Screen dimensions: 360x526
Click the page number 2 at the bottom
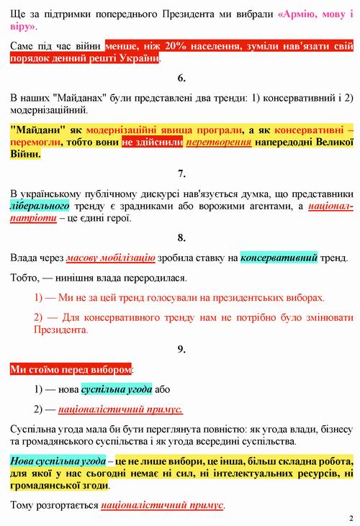tap(351, 517)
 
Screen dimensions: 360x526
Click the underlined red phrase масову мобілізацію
tap(110, 257)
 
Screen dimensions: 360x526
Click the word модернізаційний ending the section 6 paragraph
tap(48, 111)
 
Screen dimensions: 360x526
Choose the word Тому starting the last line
tap(24, 505)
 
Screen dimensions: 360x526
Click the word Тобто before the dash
tap(27, 277)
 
